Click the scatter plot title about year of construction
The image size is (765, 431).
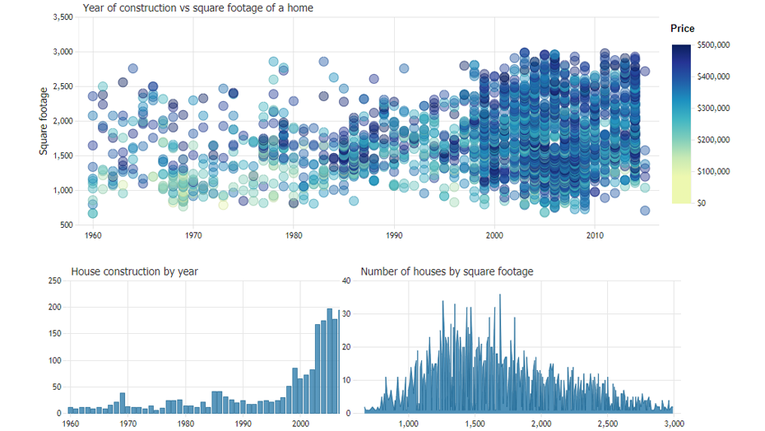tap(197, 8)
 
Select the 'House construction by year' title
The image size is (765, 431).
tap(134, 271)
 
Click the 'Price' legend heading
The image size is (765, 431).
tap(682, 29)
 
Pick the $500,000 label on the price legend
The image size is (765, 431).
tap(713, 44)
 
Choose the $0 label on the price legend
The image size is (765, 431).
tap(702, 202)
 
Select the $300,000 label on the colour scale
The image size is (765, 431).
tap(713, 108)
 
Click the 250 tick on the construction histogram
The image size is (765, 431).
tap(55, 280)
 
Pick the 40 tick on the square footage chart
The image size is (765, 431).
tap(346, 280)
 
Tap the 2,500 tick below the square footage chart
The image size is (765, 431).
tap(607, 424)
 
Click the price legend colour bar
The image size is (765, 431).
tap(682, 123)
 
